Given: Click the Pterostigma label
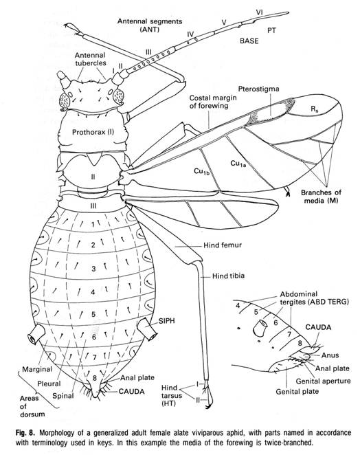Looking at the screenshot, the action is [258, 89].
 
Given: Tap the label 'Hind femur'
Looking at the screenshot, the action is [223, 245].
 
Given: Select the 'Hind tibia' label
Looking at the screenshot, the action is [228, 276].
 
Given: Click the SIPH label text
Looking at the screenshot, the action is [166, 321].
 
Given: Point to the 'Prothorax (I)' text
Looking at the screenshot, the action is [93, 133].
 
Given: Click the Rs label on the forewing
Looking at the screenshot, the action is [315, 109].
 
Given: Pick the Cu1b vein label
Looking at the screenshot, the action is [202, 172].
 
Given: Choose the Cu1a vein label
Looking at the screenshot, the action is [238, 164].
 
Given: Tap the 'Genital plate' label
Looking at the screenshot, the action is [297, 392].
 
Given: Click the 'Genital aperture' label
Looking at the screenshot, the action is [323, 381].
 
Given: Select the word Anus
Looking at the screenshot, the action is [330, 355].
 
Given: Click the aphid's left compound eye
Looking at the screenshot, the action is [65, 101].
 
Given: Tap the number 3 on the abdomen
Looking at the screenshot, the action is [93, 269].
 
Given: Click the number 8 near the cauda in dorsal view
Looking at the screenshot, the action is [95, 378].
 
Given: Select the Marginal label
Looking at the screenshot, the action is [37, 369].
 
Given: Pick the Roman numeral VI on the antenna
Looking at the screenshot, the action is [259, 12].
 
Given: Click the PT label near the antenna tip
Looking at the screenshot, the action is [271, 30].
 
